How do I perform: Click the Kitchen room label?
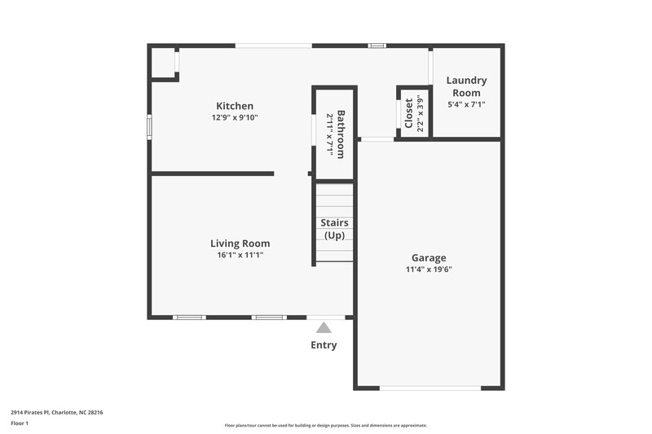[x=235, y=106]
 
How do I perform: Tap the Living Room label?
[x=240, y=243]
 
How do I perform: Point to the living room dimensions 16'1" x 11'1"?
[x=240, y=255]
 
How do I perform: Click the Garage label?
[x=429, y=257]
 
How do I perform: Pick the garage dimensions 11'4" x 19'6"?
[x=429, y=270]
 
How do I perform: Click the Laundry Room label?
[x=467, y=86]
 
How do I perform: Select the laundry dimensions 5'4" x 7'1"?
[x=467, y=104]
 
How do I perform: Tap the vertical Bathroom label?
[x=341, y=134]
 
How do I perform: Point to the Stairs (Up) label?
[x=335, y=229]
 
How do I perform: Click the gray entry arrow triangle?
[x=324, y=328]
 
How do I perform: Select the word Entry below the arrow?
[x=324, y=345]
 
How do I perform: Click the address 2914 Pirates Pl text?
[x=56, y=412]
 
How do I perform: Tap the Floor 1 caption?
[x=20, y=423]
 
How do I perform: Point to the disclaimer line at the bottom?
[x=325, y=425]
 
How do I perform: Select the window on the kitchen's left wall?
[x=149, y=127]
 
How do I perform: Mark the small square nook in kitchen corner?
[x=163, y=63]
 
